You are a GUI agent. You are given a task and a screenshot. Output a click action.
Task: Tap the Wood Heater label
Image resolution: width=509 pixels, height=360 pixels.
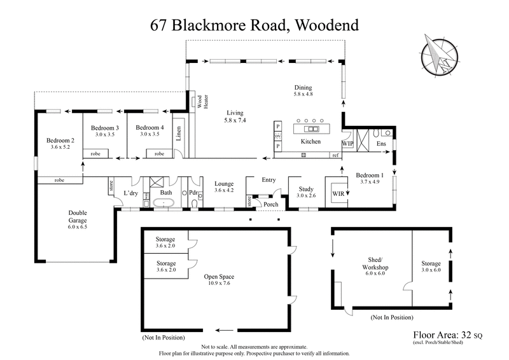click(202, 104)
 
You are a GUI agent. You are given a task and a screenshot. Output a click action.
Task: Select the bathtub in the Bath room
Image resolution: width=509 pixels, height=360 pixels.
click(165, 204)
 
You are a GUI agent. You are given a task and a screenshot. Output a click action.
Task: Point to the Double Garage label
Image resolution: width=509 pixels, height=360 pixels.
click(76, 218)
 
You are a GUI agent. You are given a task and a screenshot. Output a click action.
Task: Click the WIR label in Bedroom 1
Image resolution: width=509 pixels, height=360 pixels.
click(338, 193)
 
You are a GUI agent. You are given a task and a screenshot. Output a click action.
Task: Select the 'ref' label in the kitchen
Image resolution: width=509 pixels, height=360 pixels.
click(335, 155)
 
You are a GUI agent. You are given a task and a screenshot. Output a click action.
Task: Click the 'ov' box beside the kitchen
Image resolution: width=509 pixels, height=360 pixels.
click(277, 137)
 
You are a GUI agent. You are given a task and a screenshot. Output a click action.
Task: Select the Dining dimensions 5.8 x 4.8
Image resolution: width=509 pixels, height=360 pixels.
click(303, 94)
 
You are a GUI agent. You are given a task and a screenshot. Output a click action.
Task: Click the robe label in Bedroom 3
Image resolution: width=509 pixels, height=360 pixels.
click(96, 154)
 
